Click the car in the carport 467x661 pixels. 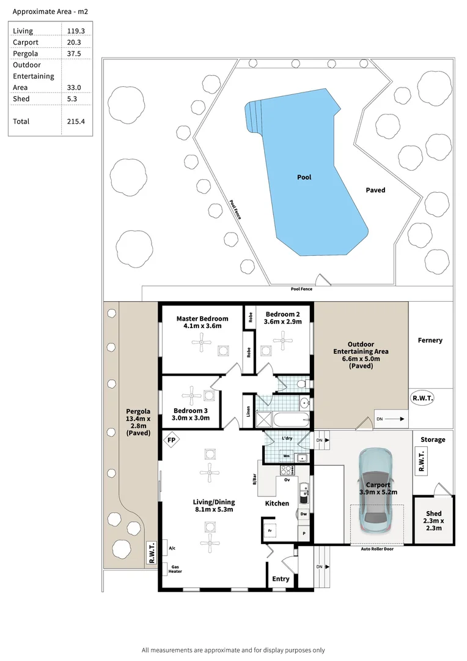[374, 489]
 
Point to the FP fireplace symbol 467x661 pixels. [172, 440]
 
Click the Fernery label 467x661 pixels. [430, 340]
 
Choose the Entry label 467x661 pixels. [281, 579]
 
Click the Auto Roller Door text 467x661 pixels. [377, 549]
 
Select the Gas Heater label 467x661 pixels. [175, 569]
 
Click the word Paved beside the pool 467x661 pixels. [375, 190]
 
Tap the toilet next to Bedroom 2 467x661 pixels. [299, 384]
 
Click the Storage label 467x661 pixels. [433, 439]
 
